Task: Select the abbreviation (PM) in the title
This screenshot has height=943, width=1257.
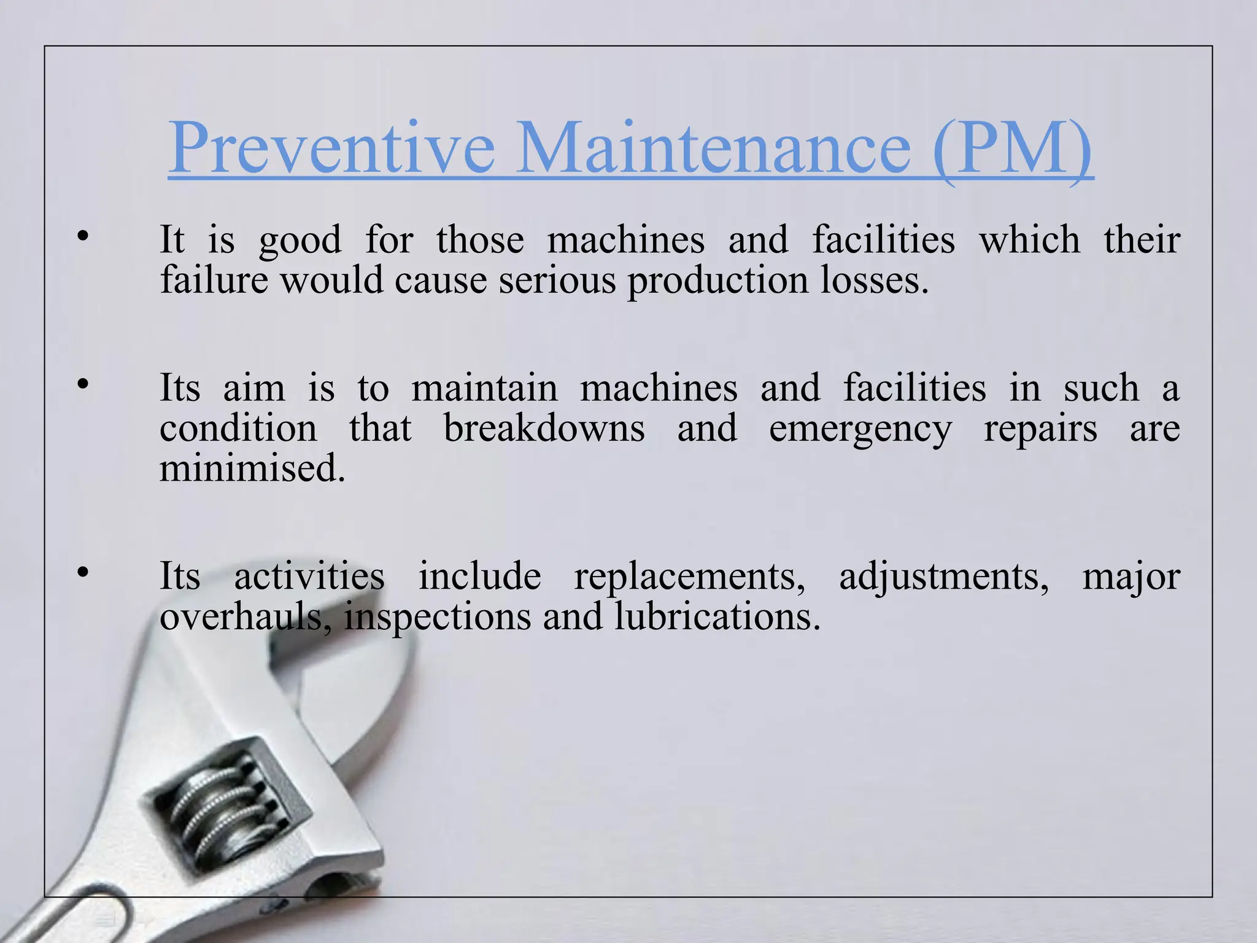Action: tap(1012, 149)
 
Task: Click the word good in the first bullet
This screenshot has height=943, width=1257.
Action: tap(300, 240)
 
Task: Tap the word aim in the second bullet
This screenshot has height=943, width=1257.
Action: tap(254, 389)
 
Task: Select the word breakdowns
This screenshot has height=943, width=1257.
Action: tap(544, 428)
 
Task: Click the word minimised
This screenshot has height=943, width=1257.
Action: tap(252, 468)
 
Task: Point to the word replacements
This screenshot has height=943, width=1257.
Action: tap(689, 577)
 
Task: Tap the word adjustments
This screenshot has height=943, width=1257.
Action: tap(943, 577)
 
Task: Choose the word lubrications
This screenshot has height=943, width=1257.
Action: tap(717, 616)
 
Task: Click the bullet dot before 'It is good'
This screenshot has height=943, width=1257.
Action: tap(83, 236)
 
